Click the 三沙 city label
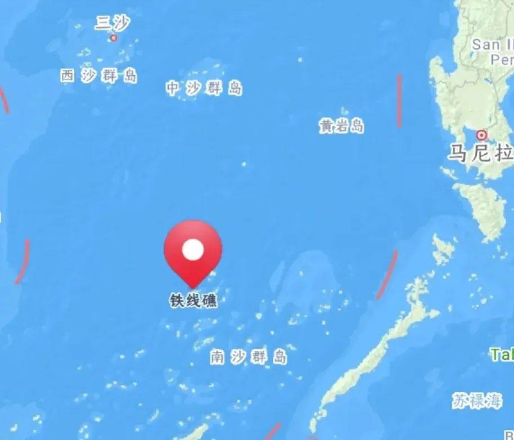click(x=112, y=23)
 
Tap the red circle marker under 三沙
click(x=114, y=38)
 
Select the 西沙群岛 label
click(x=99, y=76)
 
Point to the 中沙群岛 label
click(x=204, y=88)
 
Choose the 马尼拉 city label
click(x=480, y=152)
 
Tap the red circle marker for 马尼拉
click(x=481, y=135)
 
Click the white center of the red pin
click(x=193, y=250)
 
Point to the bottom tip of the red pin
click(x=193, y=287)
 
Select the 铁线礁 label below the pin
click(x=193, y=300)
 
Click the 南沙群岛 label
click(x=249, y=357)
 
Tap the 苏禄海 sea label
click(x=476, y=401)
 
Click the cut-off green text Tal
click(x=502, y=354)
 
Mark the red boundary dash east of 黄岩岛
click(x=400, y=100)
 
